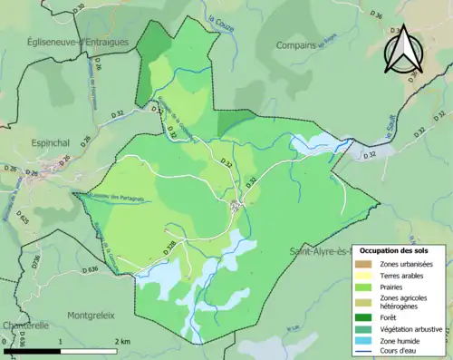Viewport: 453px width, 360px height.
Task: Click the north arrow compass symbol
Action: pyautogui.click(x=405, y=50)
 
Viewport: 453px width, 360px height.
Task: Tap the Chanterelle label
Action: pyautogui.click(x=24, y=325)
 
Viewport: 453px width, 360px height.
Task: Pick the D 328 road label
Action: pyautogui.click(x=169, y=245)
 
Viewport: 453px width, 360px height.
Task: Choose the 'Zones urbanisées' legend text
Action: pyautogui.click(x=407, y=264)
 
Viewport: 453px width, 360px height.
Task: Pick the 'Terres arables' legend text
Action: pyautogui.click(x=402, y=274)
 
